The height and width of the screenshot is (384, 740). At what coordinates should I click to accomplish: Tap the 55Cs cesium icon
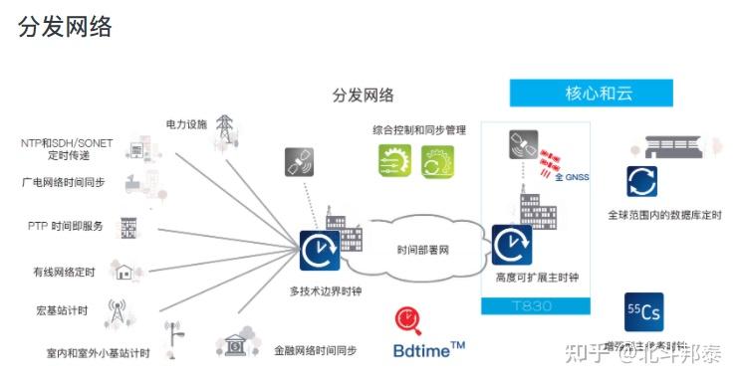click(x=642, y=312)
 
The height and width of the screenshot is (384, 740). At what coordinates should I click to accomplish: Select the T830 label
click(x=536, y=305)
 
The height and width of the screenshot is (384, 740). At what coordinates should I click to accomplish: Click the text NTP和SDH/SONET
click(x=67, y=143)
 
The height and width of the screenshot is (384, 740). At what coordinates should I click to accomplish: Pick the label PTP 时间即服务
click(x=66, y=226)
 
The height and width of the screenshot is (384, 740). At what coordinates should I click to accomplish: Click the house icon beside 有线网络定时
click(x=124, y=269)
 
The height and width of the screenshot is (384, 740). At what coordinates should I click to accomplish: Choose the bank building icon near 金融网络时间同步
click(x=236, y=343)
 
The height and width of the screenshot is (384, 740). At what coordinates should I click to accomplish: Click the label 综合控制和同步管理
click(x=420, y=129)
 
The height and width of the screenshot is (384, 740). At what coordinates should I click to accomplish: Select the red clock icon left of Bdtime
click(x=405, y=321)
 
